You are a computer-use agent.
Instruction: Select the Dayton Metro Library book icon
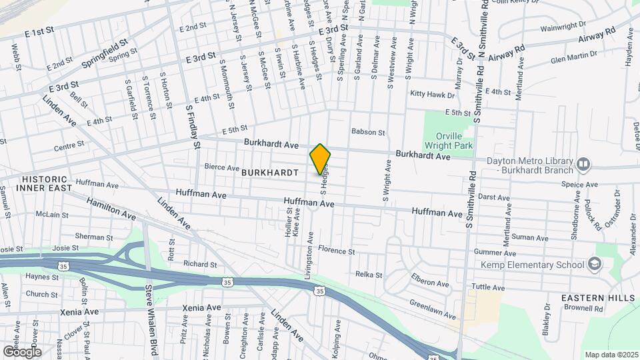pyautogui.click(x=584, y=164)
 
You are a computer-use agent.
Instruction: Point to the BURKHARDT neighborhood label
pyautogui.click(x=269, y=172)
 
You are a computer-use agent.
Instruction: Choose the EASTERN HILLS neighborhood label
pyautogui.click(x=595, y=297)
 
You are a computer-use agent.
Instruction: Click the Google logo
pyautogui.click(x=21, y=351)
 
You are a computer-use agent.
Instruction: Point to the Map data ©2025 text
pyautogui.click(x=611, y=355)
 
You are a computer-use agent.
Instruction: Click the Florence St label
pyautogui.click(x=336, y=251)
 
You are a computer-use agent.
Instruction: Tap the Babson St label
pyautogui.click(x=369, y=133)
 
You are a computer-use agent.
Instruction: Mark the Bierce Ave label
pyautogui.click(x=221, y=167)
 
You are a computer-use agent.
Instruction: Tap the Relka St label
pyautogui.click(x=369, y=275)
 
